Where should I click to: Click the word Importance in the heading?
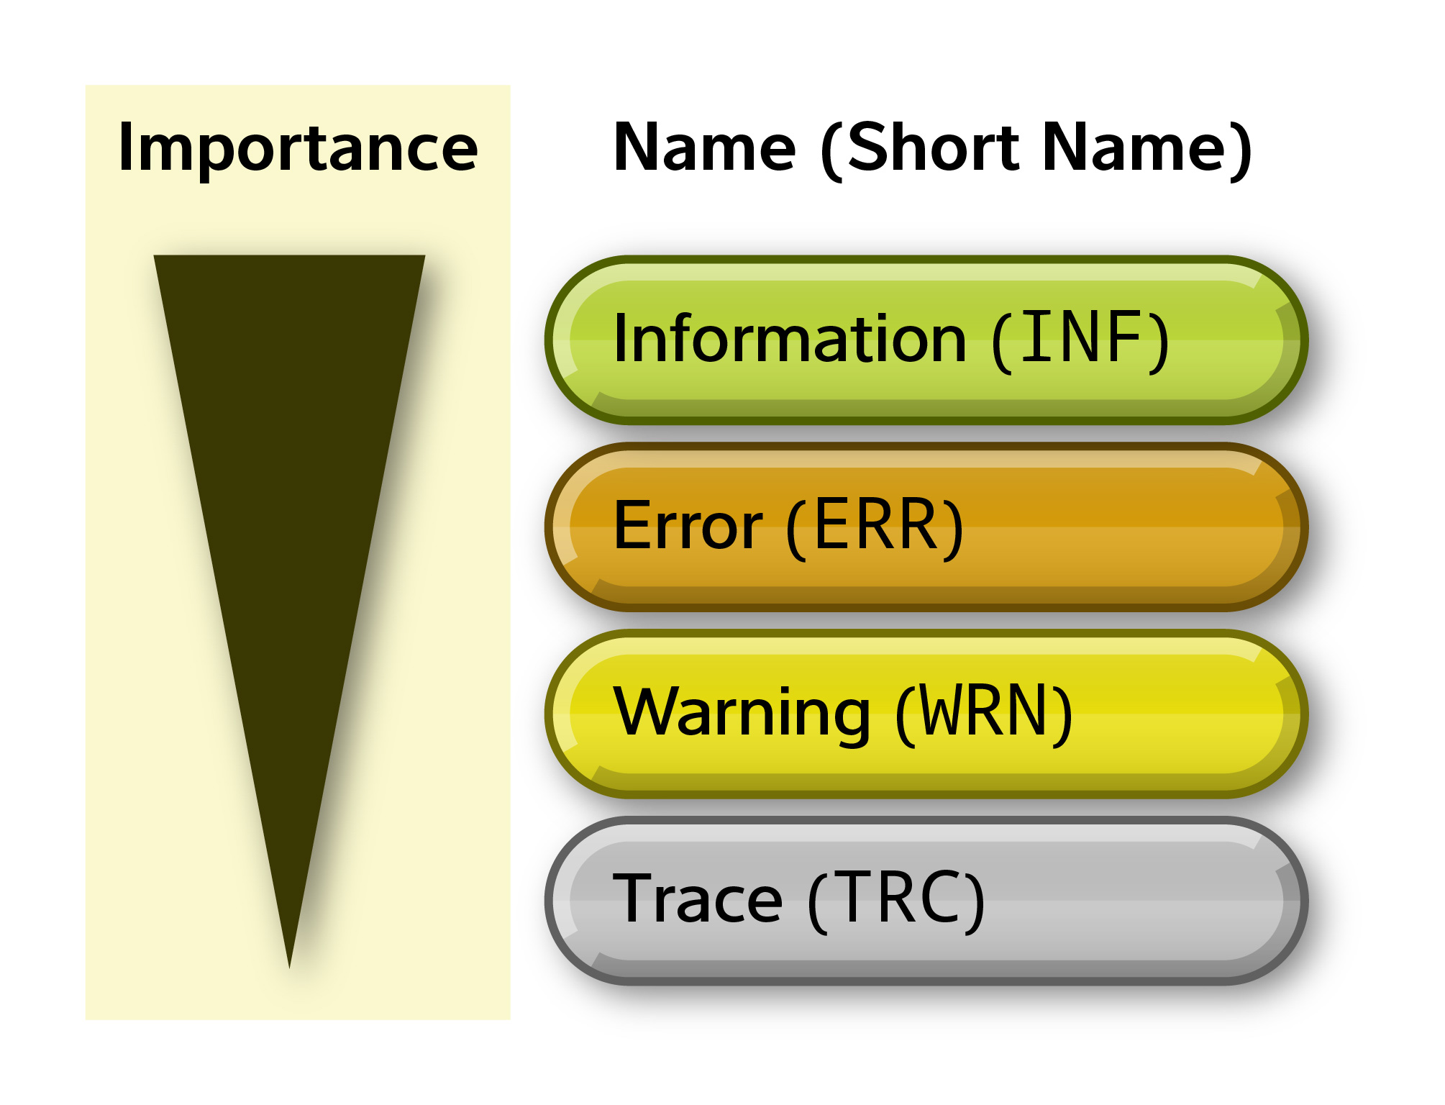click(298, 148)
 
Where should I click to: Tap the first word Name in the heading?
click(704, 147)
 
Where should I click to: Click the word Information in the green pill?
click(790, 339)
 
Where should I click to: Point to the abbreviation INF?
click(1080, 337)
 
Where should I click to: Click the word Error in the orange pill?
click(688, 526)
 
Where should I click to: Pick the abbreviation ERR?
click(875, 526)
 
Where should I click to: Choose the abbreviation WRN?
click(985, 711)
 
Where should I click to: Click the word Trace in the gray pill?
click(697, 899)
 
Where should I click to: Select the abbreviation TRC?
click(896, 899)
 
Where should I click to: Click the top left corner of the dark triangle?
click(155, 257)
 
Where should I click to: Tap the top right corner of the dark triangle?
click(423, 257)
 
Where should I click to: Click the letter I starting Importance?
click(126, 147)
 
